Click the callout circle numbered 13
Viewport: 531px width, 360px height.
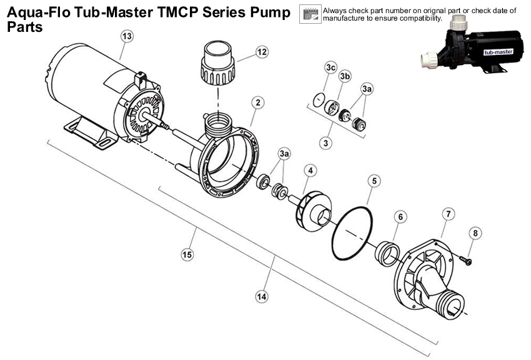point(127,37)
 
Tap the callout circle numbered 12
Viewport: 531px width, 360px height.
point(261,51)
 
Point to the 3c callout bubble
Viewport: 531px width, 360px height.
point(331,67)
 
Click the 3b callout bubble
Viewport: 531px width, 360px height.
point(344,76)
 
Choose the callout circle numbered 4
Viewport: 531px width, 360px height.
point(310,169)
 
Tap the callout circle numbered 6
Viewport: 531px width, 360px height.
point(400,217)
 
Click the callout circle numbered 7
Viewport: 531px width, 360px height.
point(447,214)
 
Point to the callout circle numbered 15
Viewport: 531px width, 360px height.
point(186,254)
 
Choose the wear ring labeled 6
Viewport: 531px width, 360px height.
point(387,252)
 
